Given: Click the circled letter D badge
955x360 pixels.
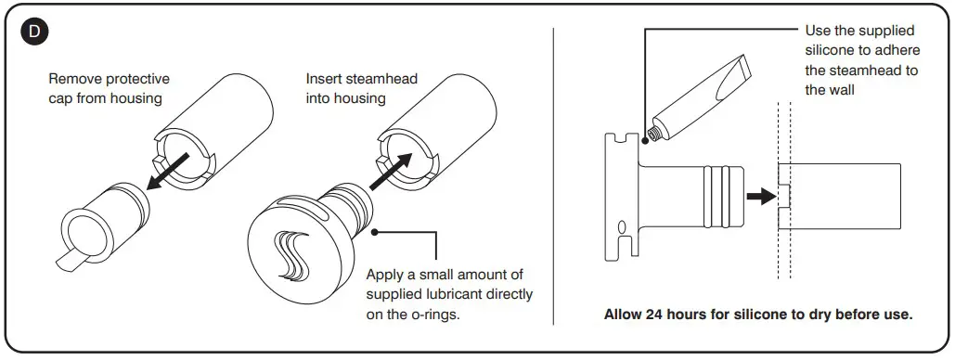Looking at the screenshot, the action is tap(34, 32).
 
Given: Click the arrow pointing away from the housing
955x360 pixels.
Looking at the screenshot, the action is tap(167, 171).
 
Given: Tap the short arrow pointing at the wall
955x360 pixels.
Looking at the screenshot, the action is tap(762, 196).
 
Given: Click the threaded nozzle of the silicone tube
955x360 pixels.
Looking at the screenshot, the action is tap(655, 132).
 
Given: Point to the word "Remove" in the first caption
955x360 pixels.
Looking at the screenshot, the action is tap(75, 79).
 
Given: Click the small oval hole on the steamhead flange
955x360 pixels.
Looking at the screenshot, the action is tap(623, 227).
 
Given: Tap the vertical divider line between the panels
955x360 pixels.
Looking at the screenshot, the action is tap(553, 176).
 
